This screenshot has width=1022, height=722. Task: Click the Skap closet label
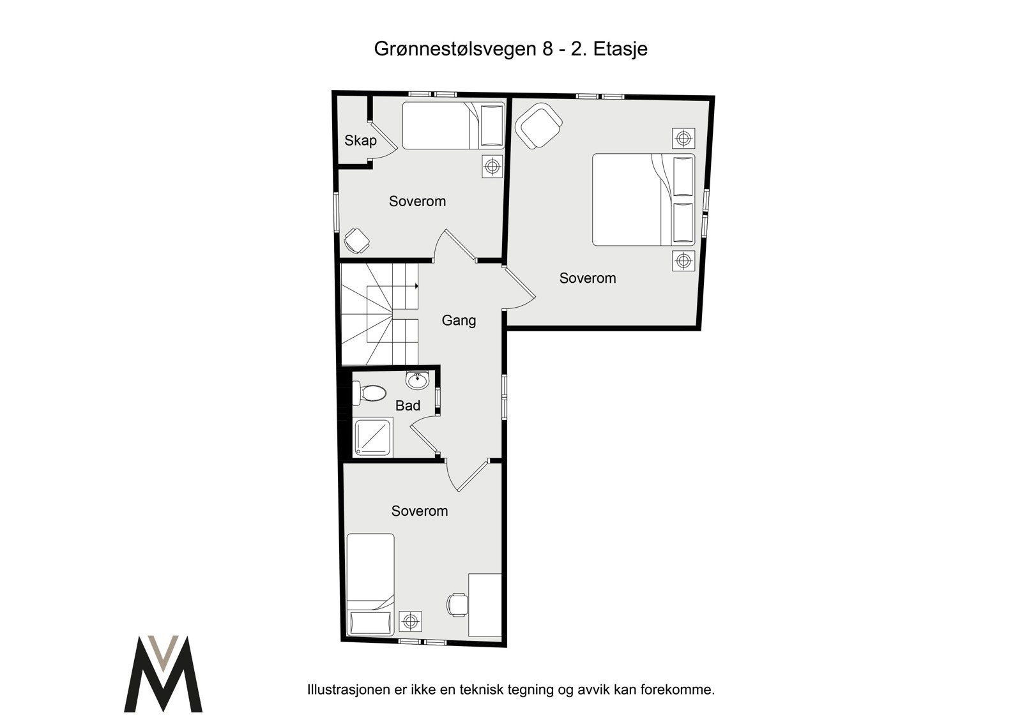point(360,140)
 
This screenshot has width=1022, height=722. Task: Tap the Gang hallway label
point(459,320)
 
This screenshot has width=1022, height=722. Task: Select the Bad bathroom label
point(408,406)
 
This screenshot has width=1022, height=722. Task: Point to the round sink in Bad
point(417,381)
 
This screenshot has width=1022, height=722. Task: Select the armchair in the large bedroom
point(538,126)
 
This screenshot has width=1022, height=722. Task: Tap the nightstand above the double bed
point(683,138)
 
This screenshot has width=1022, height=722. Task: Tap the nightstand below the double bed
point(683,260)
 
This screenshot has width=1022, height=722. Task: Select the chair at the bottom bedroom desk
point(457,605)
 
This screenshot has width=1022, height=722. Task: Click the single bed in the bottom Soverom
point(370,583)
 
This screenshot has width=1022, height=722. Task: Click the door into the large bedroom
point(519,287)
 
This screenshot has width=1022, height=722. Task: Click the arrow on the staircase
point(416,286)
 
